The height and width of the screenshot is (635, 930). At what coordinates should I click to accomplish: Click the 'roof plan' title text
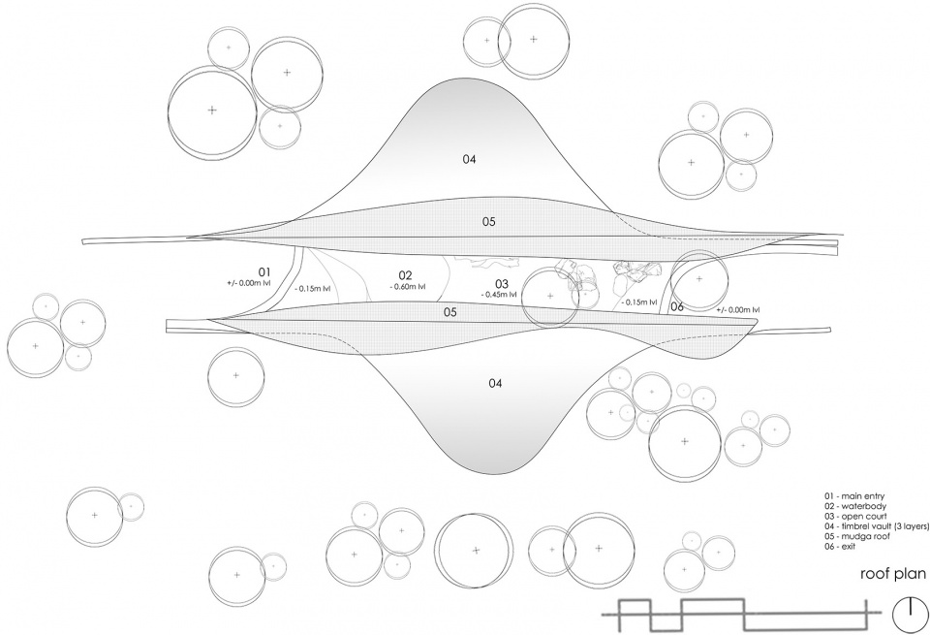[893, 574]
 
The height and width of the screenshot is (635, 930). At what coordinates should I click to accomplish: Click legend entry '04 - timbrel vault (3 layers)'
[876, 525]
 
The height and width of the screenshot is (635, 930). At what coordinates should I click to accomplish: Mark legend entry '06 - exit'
[840, 546]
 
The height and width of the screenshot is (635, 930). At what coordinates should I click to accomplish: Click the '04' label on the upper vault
[470, 159]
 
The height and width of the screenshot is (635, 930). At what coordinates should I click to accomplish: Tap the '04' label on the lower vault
[495, 383]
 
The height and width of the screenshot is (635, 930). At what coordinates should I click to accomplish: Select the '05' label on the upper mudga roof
[488, 222]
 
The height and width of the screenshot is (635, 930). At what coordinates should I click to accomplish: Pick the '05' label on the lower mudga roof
[450, 312]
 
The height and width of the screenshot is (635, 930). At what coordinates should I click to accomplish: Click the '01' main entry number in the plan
[263, 271]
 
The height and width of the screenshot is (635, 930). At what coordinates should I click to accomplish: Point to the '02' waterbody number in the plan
[405, 275]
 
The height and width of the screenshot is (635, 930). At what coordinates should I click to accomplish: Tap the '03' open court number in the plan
[502, 284]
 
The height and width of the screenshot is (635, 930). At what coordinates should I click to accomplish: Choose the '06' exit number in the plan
[677, 306]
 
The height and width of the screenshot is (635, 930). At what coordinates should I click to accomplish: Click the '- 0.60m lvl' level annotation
[408, 287]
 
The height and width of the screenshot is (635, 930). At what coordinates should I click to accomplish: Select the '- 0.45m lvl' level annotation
[498, 295]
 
